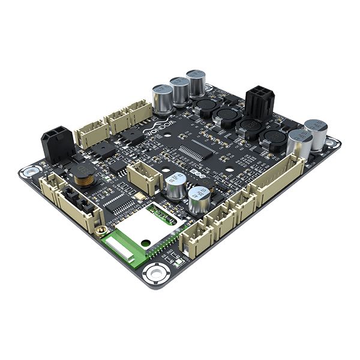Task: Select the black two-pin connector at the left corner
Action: pos(57,144)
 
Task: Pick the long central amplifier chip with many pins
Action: pos(197,148)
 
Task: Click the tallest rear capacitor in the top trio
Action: pos(196,83)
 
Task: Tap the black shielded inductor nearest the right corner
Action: pos(274,140)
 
